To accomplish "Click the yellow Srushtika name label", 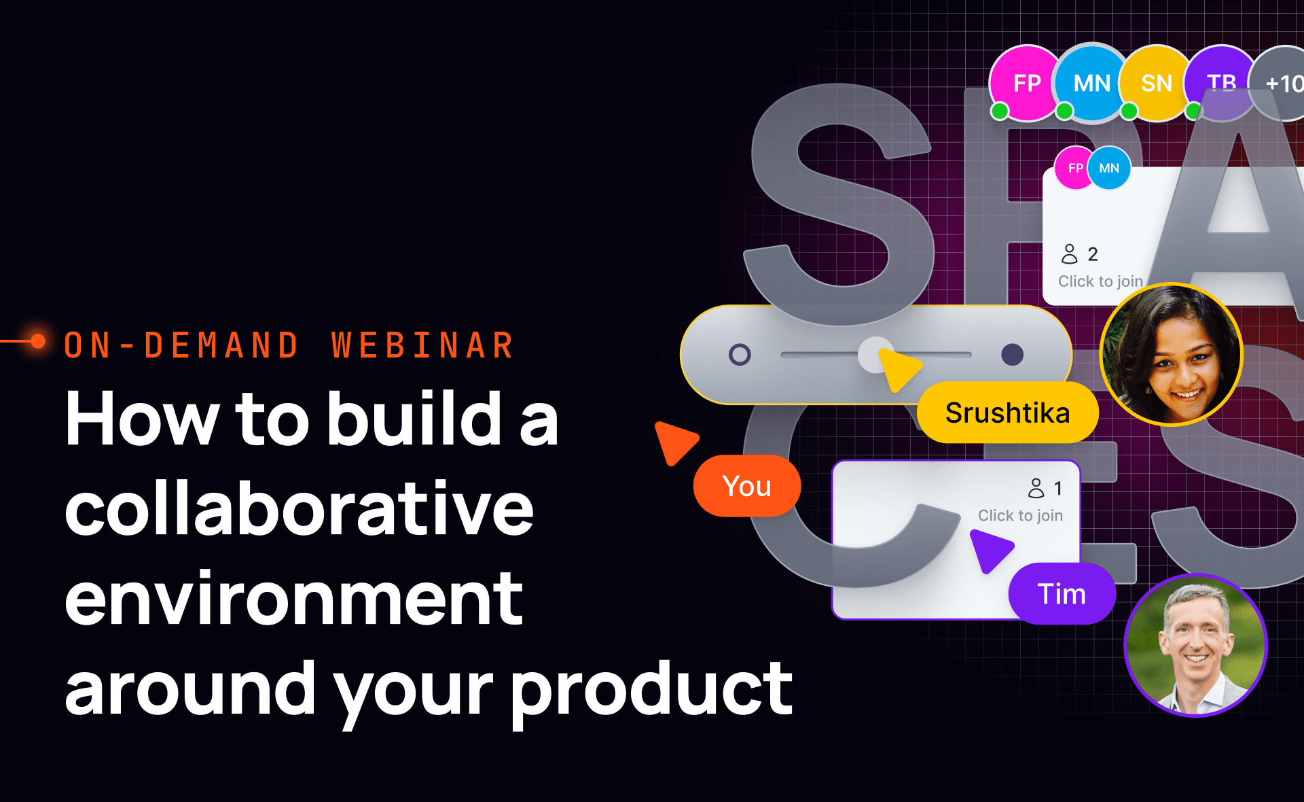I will pos(1007,413).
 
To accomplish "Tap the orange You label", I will pos(746,486).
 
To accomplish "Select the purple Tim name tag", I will pos(1062,594).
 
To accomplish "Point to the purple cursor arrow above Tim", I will pos(990,548).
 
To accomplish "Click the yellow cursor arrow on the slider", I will pos(898,368).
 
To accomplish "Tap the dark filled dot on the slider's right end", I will pos(1012,354).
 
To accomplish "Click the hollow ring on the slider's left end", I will pos(740,354).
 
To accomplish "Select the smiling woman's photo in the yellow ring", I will pos(1171,354).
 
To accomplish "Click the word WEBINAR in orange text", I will pos(422,345).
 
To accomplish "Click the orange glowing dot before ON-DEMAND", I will pos(38,341).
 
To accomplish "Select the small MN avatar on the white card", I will pos(1109,168).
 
